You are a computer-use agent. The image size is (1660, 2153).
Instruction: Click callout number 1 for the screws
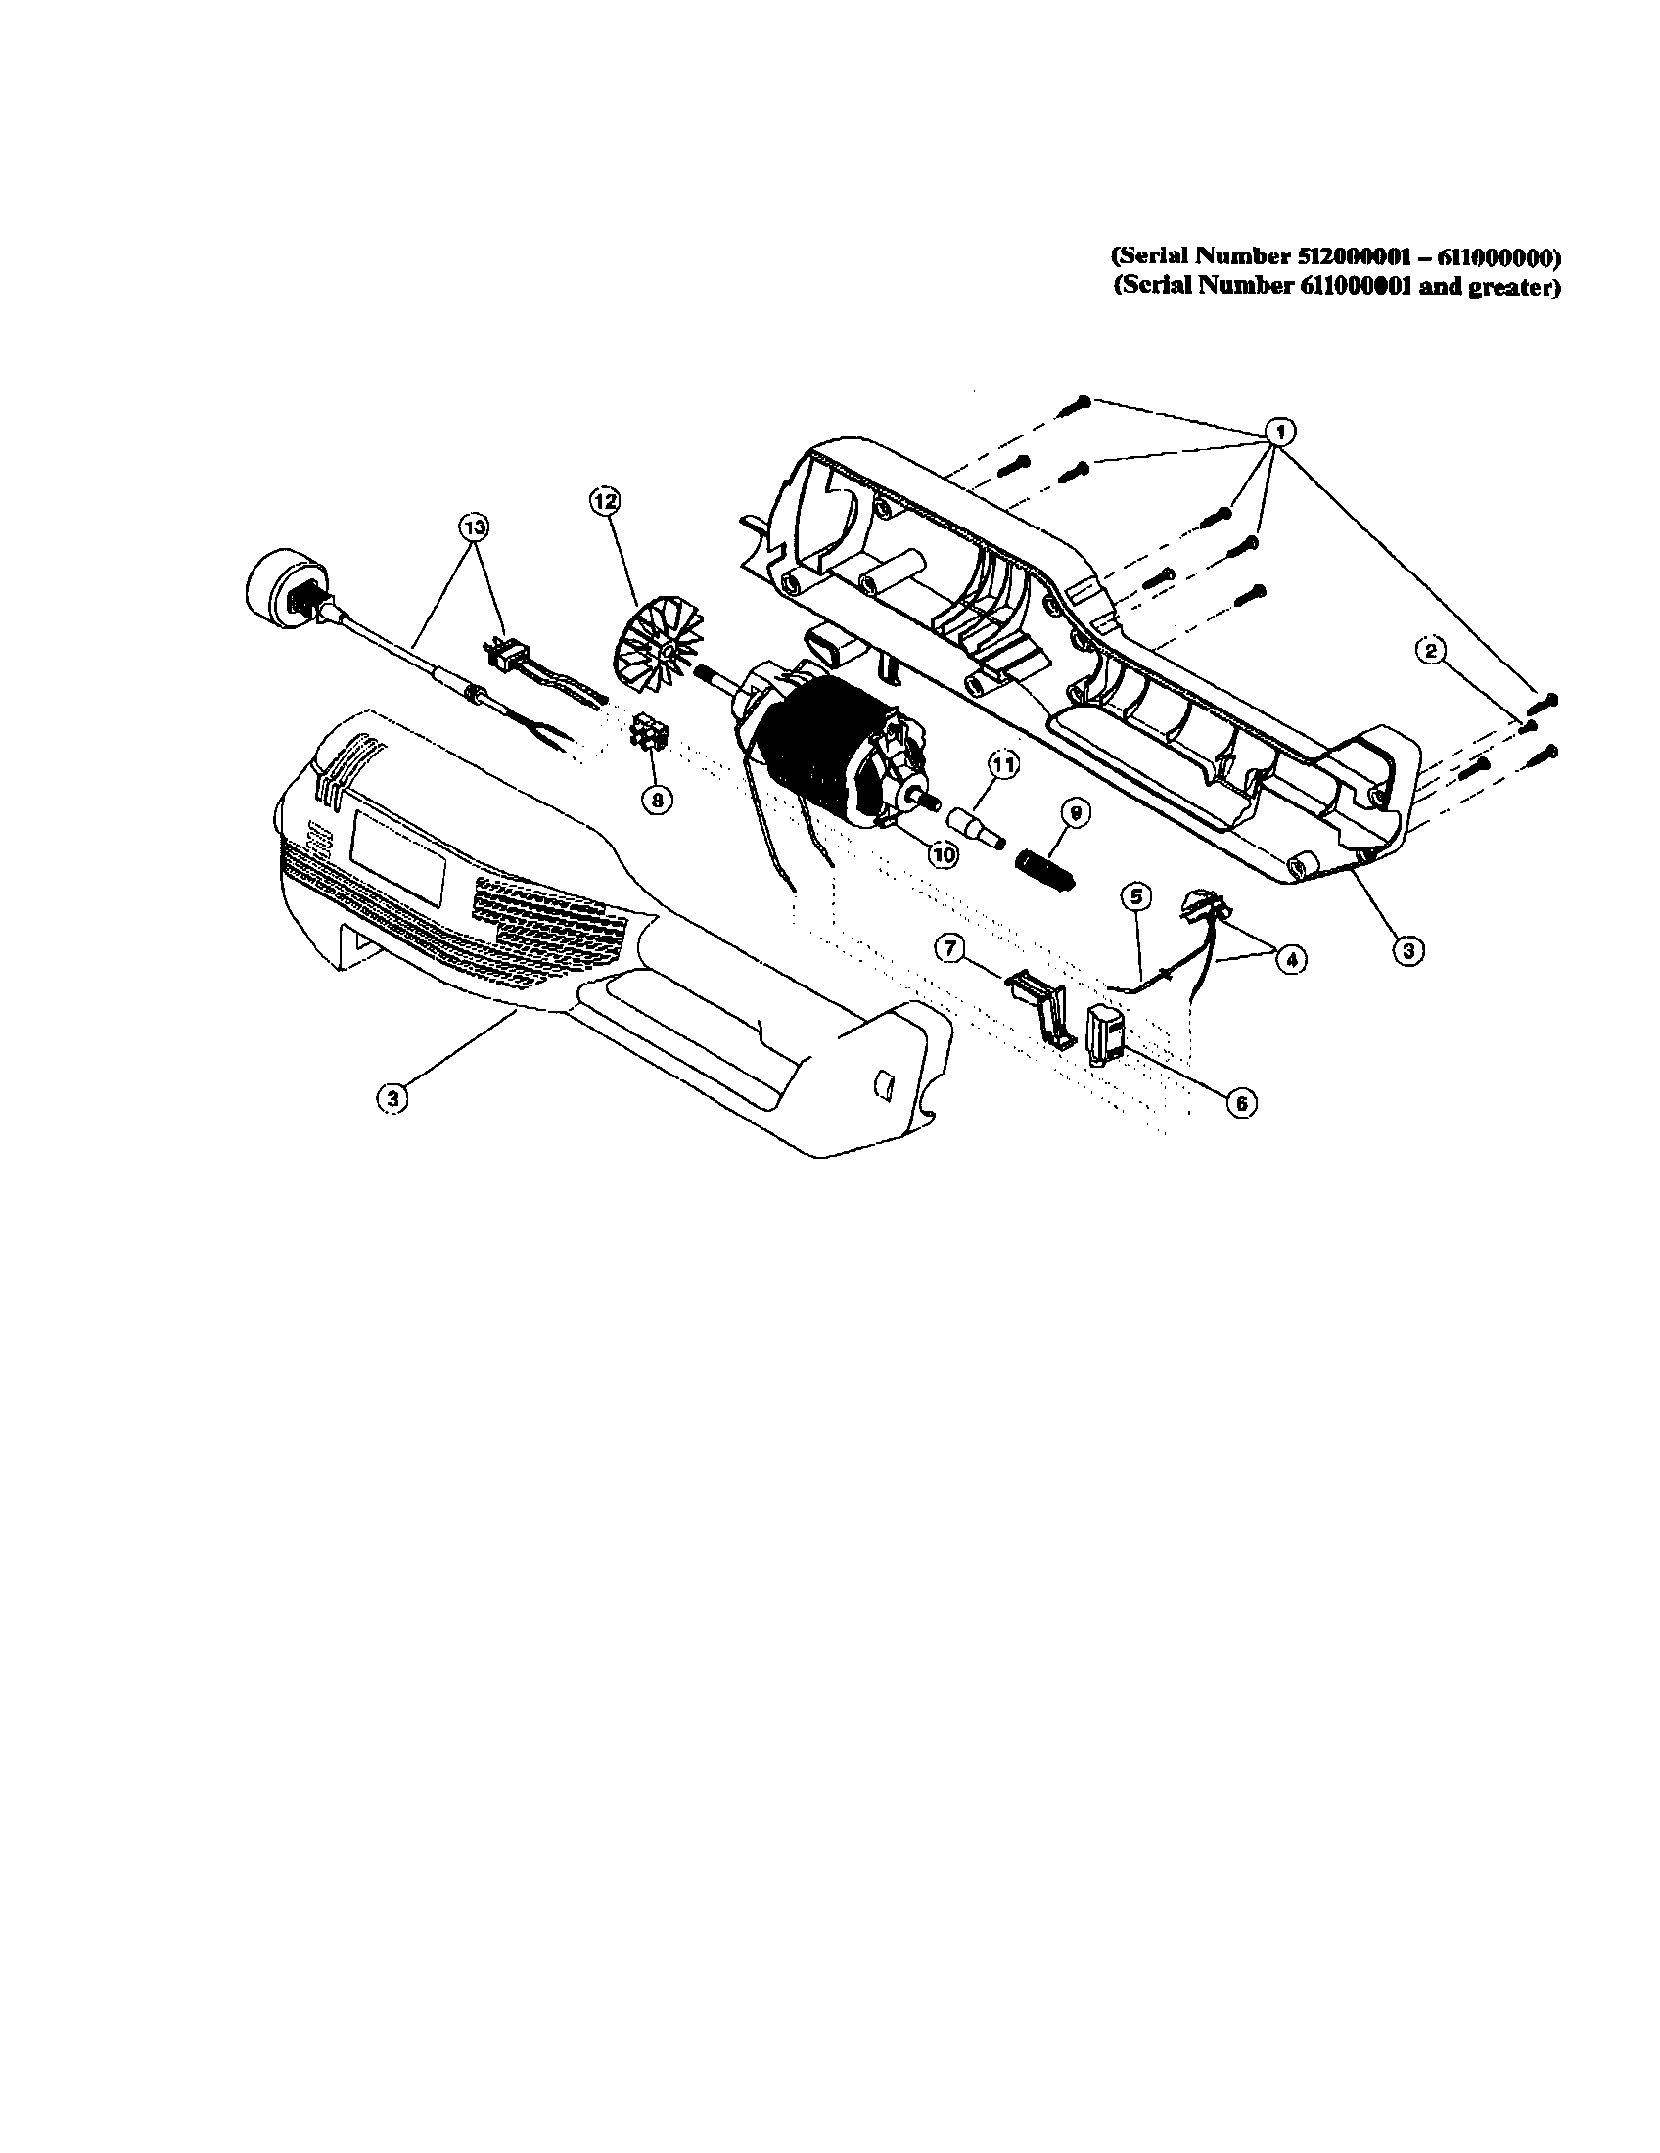1280,430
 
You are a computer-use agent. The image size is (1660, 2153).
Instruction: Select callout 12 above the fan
604,501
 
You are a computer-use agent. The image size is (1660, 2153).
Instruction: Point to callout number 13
474,527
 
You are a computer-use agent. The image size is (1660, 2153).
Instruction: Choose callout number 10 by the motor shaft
944,855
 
